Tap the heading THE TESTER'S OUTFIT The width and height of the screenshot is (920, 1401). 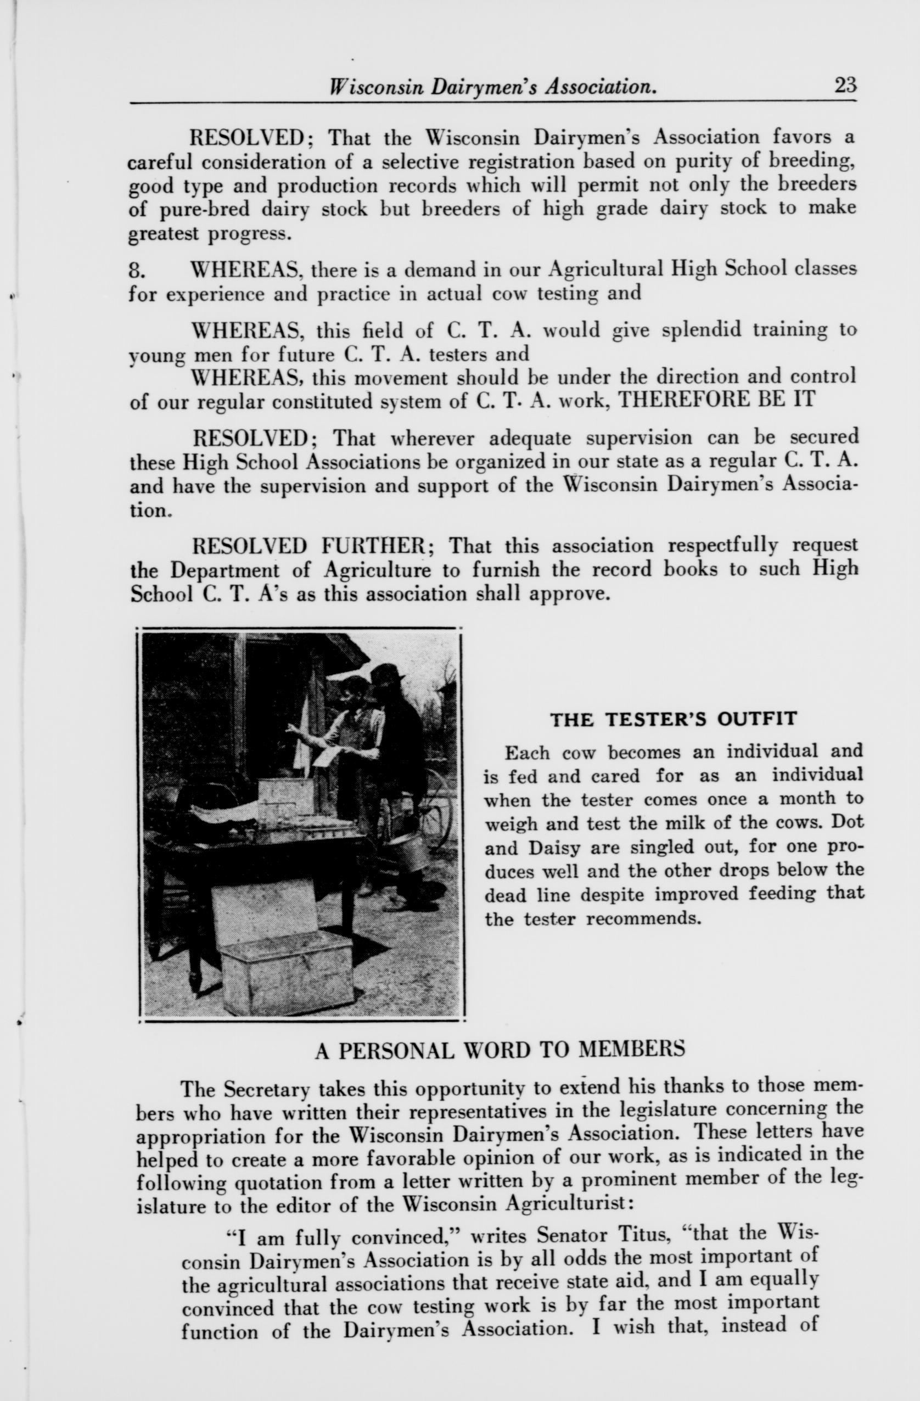673,719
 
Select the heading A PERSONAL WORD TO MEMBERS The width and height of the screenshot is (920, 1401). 500,1051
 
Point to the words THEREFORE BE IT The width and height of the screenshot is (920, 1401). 717,399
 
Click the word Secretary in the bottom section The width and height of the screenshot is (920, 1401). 266,1090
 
